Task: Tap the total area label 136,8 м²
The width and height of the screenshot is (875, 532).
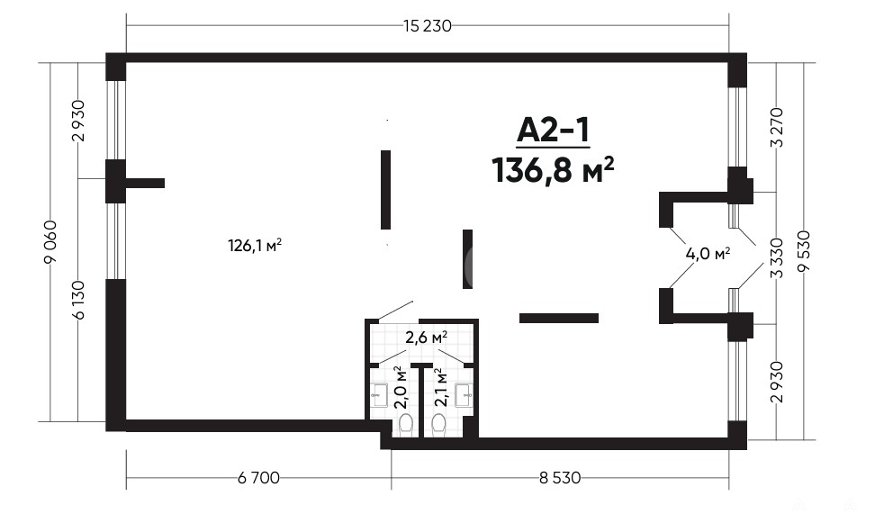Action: [553, 170]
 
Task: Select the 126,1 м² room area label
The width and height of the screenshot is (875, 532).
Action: [255, 246]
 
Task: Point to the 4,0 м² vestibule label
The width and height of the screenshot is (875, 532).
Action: [708, 254]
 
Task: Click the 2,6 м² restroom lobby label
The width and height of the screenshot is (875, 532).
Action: [427, 338]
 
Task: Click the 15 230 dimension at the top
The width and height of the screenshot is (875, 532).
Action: [427, 26]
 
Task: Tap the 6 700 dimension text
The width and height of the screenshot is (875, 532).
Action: [258, 478]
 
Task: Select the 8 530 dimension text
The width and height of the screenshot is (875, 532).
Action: [560, 478]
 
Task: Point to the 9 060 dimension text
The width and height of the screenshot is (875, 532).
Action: [50, 241]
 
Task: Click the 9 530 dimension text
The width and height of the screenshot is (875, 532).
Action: [804, 251]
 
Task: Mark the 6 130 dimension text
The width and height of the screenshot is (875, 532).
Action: [78, 300]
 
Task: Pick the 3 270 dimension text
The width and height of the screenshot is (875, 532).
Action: [776, 127]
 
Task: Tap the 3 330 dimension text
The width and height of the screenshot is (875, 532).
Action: [776, 257]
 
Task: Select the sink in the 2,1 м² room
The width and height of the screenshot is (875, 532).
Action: [465, 394]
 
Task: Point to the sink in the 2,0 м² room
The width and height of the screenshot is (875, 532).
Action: [381, 394]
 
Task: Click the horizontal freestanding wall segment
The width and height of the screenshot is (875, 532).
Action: [559, 318]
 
